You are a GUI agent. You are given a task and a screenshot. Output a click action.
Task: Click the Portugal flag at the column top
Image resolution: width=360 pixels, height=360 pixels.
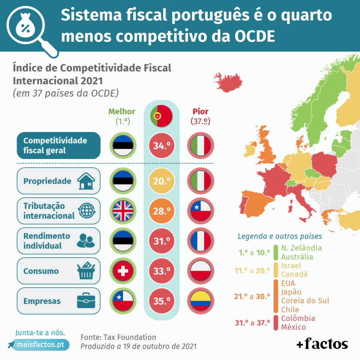pyautogui.click(x=161, y=115)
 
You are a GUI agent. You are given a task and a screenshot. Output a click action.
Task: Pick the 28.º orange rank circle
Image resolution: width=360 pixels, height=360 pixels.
pyautogui.click(x=162, y=211)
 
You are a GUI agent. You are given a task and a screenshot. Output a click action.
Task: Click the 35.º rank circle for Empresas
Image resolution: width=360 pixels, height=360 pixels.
pyautogui.click(x=162, y=301)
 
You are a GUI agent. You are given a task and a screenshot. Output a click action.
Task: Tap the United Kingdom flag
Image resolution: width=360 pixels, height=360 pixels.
pyautogui.click(x=123, y=211)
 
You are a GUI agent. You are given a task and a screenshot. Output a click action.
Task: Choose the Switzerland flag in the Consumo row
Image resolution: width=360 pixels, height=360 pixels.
pyautogui.click(x=123, y=271)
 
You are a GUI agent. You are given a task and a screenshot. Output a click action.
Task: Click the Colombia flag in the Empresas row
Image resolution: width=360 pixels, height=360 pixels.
pyautogui.click(x=201, y=301)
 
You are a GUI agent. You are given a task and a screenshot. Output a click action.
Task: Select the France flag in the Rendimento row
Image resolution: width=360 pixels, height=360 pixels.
pyautogui.click(x=201, y=241)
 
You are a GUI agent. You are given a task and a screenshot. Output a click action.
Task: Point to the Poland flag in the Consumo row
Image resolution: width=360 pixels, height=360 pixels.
pyautogui.click(x=201, y=271)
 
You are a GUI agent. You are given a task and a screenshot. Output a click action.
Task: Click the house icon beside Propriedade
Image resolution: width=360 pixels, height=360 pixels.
pyautogui.click(x=86, y=181)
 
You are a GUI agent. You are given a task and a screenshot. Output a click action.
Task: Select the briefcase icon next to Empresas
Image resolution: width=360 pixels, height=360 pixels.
pyautogui.click(x=86, y=301)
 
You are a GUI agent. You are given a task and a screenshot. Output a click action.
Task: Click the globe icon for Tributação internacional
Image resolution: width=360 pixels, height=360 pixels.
pyautogui.click(x=86, y=211)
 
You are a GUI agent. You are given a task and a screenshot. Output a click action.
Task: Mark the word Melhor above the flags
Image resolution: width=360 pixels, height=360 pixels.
pyautogui.click(x=122, y=111)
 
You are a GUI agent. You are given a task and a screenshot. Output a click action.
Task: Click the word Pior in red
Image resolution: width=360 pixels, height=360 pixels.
pyautogui.click(x=201, y=111)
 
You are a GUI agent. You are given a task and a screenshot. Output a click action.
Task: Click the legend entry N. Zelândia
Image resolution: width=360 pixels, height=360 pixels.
pyautogui.click(x=301, y=248)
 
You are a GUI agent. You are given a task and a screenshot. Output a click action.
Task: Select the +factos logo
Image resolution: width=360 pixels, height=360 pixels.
pyautogui.click(x=322, y=343)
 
